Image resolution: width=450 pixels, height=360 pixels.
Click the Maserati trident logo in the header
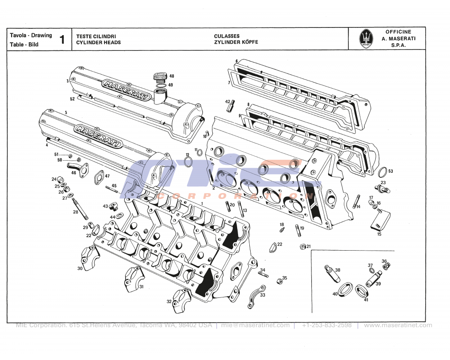pos(367,39)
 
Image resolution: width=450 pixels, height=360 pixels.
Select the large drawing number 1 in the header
pos(62,40)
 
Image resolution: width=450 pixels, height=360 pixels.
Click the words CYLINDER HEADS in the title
pos(98,42)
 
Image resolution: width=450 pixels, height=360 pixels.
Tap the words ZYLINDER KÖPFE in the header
pos(236,42)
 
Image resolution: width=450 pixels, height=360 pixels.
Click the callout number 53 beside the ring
pos(391,171)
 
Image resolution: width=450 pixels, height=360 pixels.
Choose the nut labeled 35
pos(279,280)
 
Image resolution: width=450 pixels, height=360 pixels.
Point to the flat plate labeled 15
pos(379,222)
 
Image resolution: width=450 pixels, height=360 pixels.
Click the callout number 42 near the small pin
pos(227,102)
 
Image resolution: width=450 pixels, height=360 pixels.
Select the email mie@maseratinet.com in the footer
pos(255,325)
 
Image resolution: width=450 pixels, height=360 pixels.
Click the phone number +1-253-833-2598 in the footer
pos(327,325)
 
